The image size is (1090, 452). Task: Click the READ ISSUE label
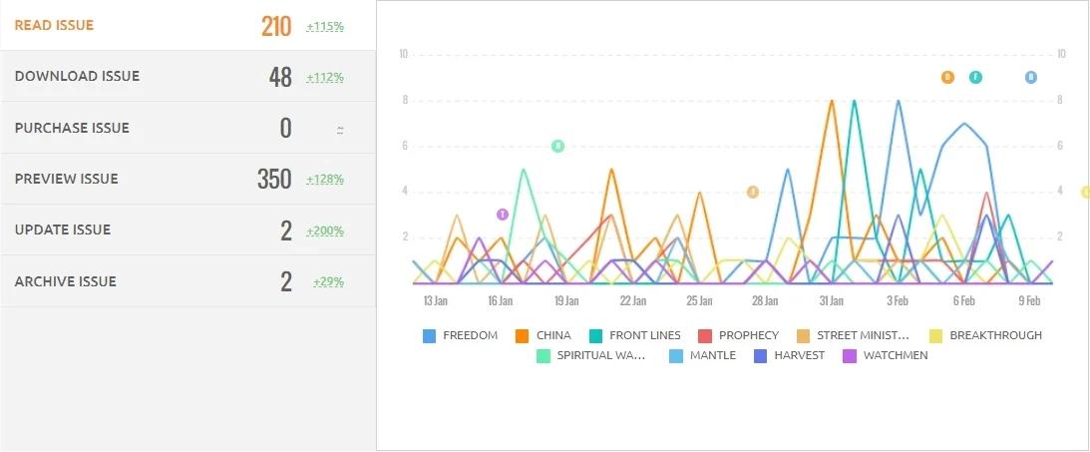[x=54, y=25]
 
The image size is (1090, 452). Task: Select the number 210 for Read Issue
[x=276, y=26]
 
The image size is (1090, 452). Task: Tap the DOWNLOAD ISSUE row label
[x=77, y=76]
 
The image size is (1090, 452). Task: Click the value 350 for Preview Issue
[x=274, y=180]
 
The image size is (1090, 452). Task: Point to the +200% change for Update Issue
[x=325, y=231]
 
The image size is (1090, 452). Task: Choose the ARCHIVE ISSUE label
[x=65, y=281]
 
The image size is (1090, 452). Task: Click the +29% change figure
[x=328, y=282]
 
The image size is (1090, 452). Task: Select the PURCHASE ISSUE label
[x=72, y=128]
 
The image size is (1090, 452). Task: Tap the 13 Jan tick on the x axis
[x=435, y=300]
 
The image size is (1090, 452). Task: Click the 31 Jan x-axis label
[x=832, y=300]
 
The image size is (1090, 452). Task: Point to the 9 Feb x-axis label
[x=1029, y=300]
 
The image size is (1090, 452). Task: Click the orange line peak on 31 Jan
[x=832, y=100]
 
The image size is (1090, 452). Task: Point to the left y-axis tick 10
[x=403, y=54]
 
